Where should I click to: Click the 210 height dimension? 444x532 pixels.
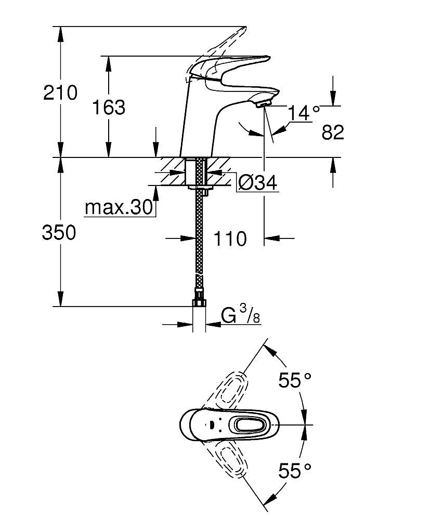[x=60, y=93]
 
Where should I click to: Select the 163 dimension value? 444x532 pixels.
[x=109, y=108]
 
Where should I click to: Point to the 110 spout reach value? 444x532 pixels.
[x=230, y=238]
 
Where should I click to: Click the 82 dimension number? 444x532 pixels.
[x=333, y=132]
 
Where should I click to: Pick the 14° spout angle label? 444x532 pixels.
[x=304, y=112]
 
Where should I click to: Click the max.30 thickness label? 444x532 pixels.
[x=120, y=208]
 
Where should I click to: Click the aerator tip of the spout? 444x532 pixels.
[x=264, y=104]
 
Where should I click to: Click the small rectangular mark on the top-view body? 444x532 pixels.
[x=212, y=425]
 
